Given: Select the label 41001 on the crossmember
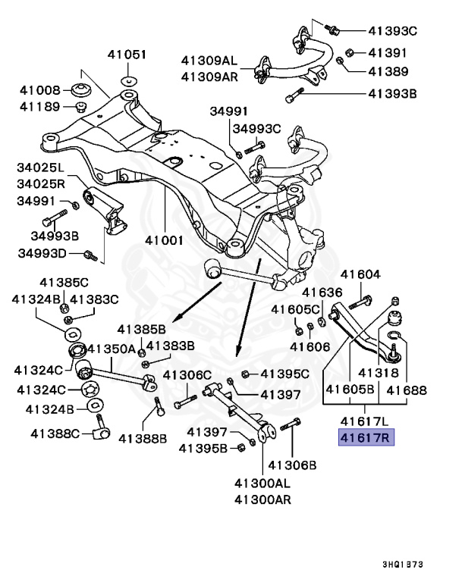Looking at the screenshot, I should point(165,240).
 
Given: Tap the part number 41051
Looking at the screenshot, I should point(127,55).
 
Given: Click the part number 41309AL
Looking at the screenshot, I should point(209,60).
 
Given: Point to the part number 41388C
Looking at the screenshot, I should point(55,433).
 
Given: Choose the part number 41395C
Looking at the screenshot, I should point(284,374).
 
